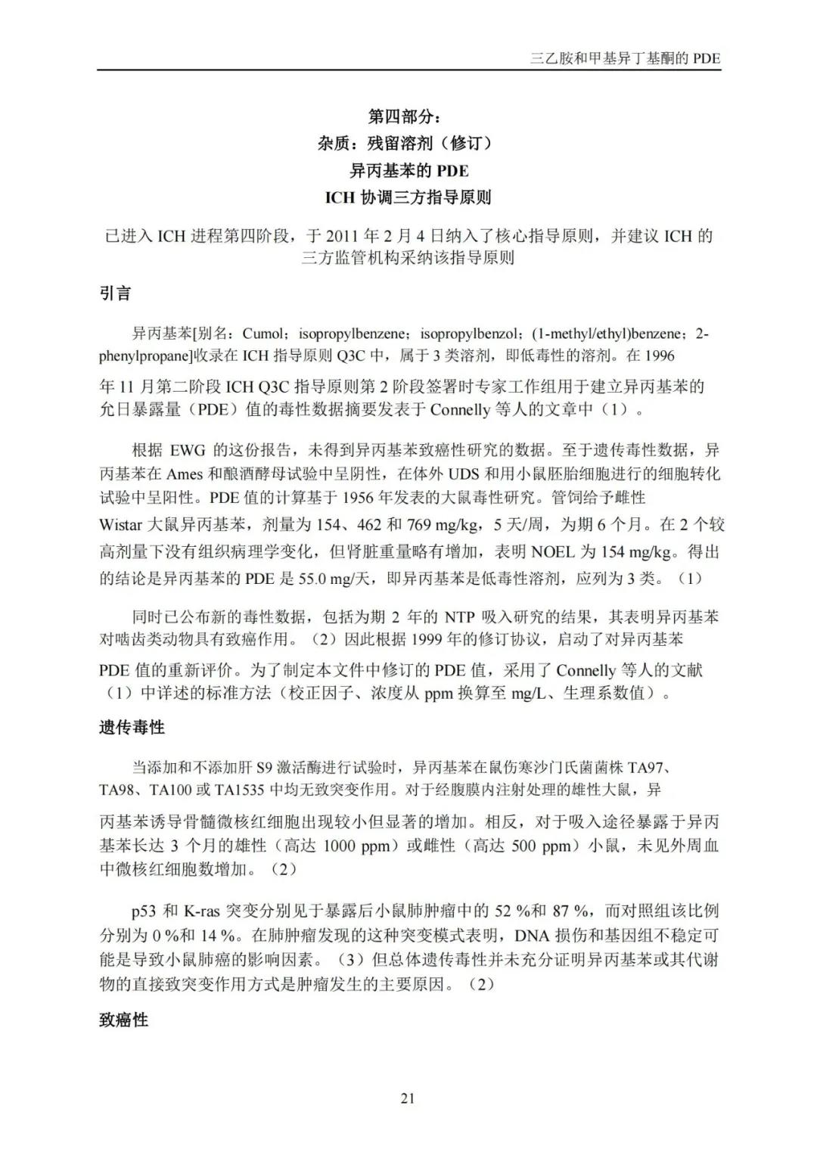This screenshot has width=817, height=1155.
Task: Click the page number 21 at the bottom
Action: pos(408,1099)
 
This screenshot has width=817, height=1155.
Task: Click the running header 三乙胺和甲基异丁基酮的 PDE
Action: pos(626,59)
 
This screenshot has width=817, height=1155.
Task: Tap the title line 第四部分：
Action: pos(408,116)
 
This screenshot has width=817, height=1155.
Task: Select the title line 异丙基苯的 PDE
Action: pos(408,170)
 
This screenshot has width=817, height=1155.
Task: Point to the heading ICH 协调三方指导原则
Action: pos(408,197)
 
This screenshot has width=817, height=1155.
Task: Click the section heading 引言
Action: pos(115,293)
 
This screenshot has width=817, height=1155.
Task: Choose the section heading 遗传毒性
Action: pos(132,728)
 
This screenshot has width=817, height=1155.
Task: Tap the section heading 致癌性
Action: pos(123,1020)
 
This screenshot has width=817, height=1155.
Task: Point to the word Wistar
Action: pos(121,525)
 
